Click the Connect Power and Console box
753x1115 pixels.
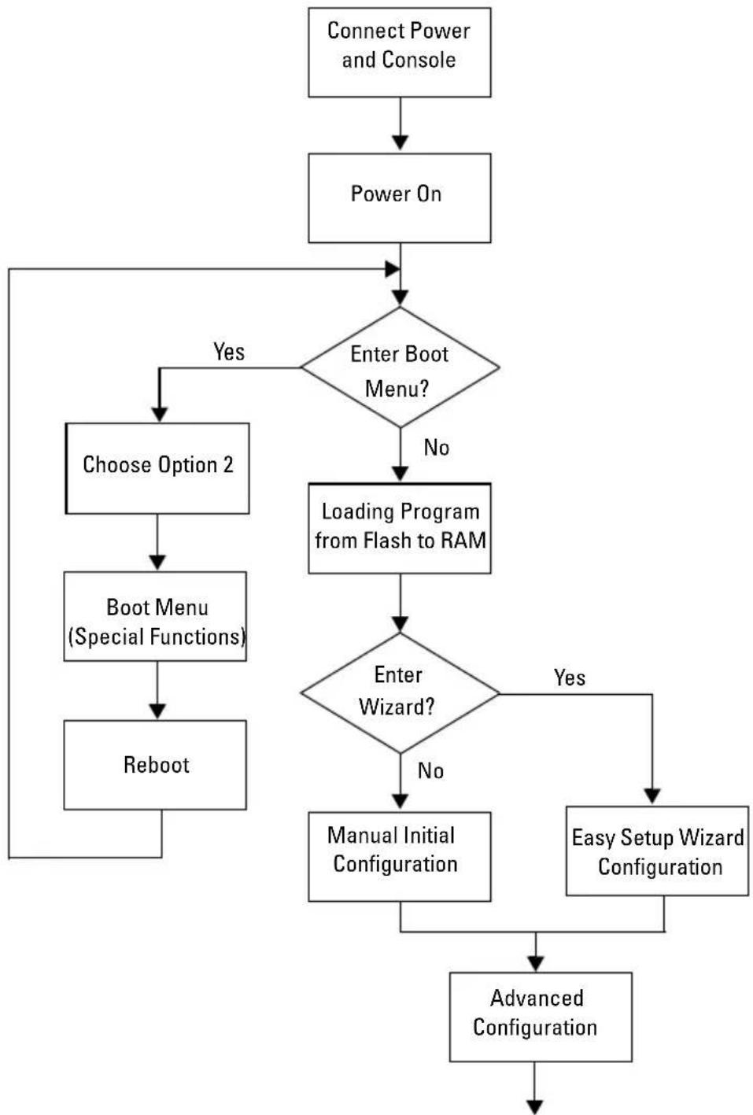point(399,52)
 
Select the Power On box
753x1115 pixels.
point(399,198)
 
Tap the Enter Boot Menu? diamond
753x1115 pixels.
point(400,367)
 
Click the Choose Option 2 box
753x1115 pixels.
point(157,468)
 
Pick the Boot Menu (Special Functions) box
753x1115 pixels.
point(155,616)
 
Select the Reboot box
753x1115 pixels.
point(155,765)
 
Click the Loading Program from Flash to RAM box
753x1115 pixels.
point(399,528)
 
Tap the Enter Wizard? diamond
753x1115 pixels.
point(400,693)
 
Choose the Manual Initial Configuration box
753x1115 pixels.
point(399,857)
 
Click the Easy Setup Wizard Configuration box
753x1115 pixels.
point(657,851)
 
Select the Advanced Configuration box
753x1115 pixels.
point(541,1017)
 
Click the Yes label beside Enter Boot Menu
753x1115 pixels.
point(229,352)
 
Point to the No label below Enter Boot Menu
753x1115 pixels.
point(437,448)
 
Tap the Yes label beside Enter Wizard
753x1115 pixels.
point(570,677)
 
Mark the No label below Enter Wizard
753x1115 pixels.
point(430,770)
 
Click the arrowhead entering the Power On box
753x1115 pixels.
point(400,142)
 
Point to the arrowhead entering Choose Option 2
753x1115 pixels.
point(159,414)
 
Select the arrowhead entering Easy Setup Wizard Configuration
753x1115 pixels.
point(652,796)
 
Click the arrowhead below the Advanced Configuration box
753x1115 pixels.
point(535,1106)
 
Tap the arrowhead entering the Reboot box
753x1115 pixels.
point(157,711)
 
